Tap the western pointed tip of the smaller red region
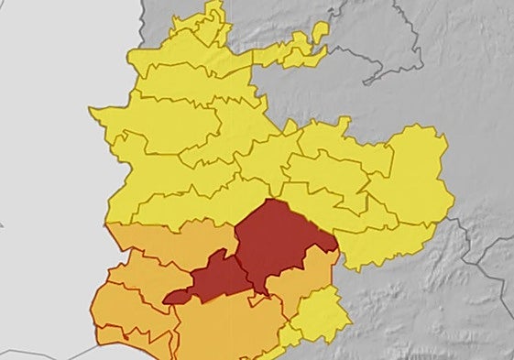pyautogui.click(x=166, y=299)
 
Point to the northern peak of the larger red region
pyautogui.click(x=272, y=201)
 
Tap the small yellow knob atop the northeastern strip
pyautogui.click(x=320, y=31)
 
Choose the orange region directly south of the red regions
pyautogui.click(x=229, y=325)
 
